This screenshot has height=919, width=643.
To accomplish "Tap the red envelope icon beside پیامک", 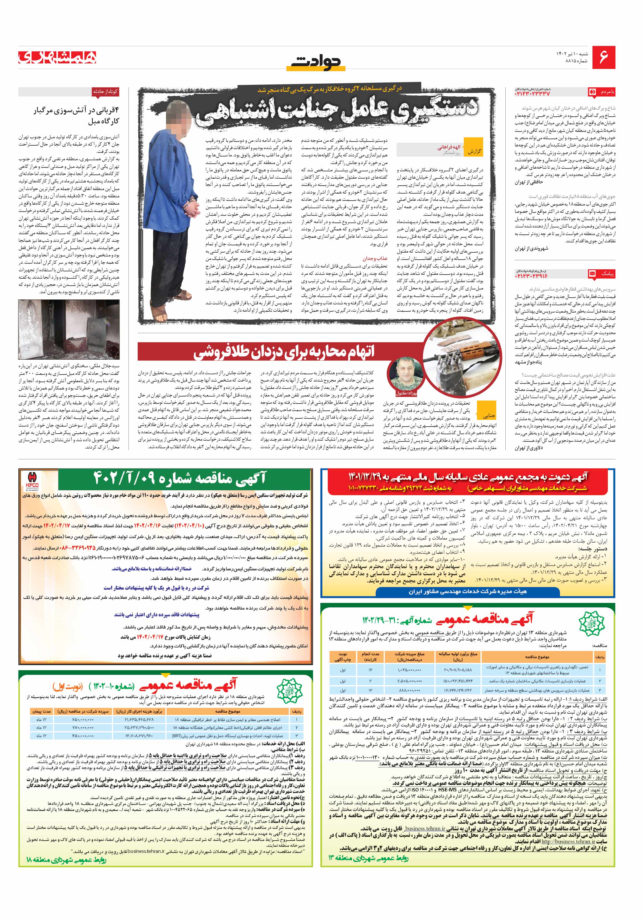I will [x=592, y=273].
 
